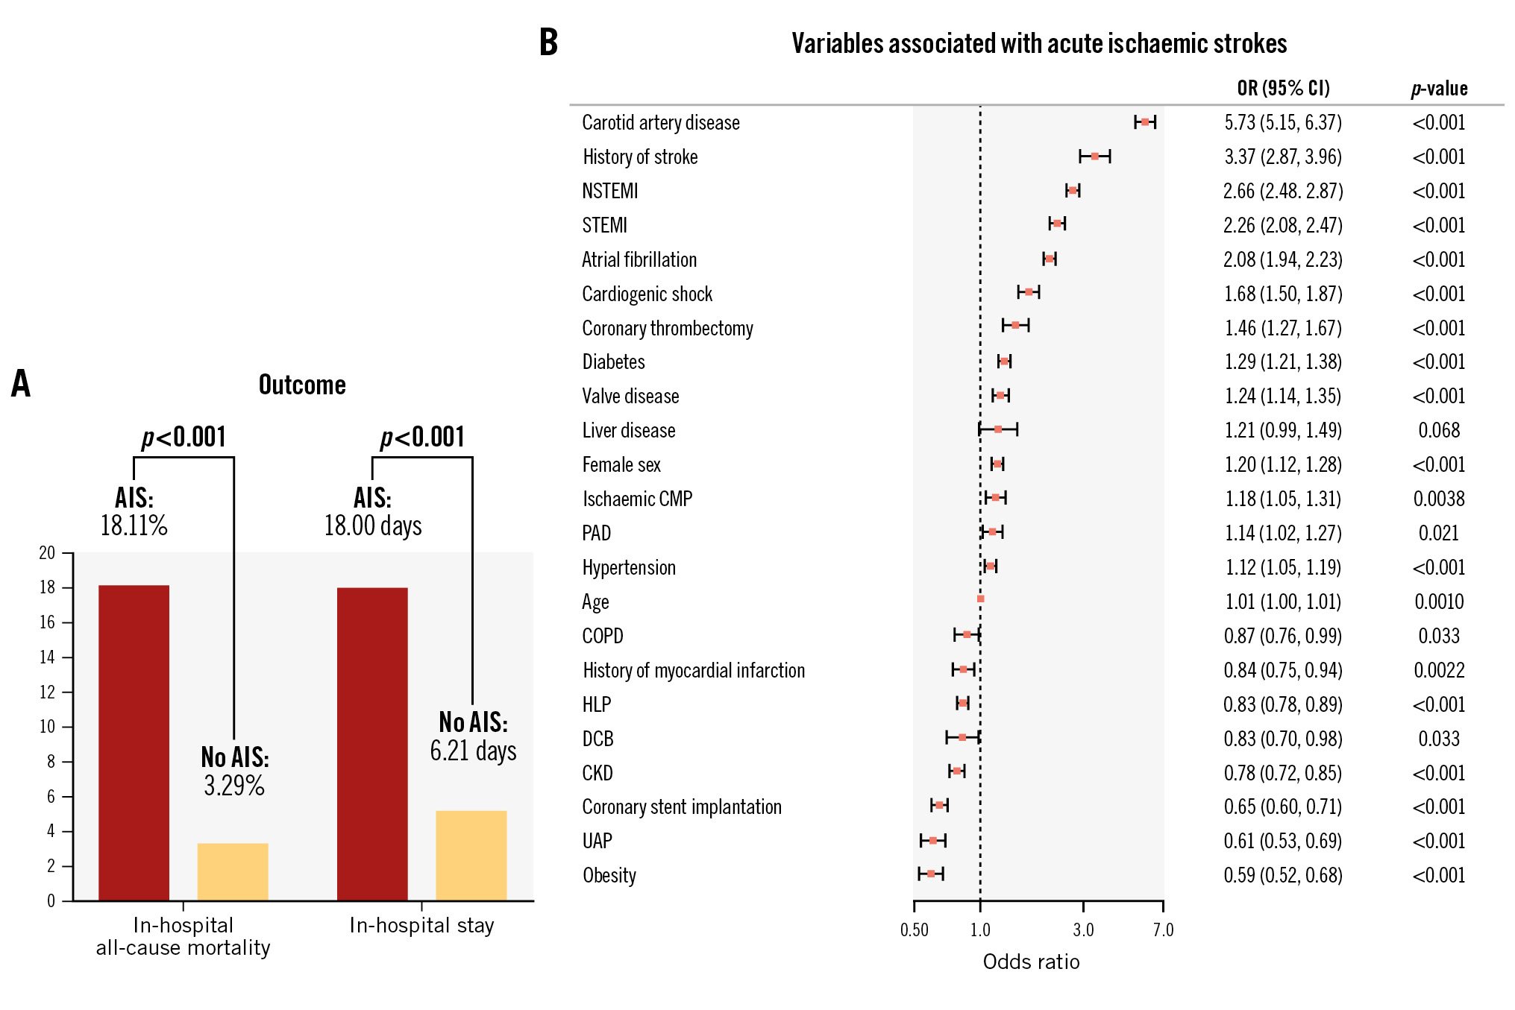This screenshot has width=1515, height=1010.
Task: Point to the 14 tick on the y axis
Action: coord(48,657)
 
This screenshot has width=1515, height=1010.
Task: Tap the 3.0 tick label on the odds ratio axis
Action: coord(1083,930)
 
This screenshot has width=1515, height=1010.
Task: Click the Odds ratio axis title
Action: coord(1031,962)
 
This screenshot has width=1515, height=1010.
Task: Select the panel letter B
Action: coord(548,42)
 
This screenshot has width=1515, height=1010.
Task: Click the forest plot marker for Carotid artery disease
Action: coord(1145,122)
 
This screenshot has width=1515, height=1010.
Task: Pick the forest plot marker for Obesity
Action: coord(931,874)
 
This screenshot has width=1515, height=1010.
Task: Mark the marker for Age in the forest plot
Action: coord(980,599)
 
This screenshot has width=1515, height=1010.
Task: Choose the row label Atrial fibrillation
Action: coord(639,259)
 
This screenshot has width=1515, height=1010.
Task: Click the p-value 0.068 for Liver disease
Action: coord(1439,430)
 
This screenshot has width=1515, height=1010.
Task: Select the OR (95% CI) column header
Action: coord(1283,89)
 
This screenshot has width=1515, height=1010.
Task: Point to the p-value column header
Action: coord(1439,89)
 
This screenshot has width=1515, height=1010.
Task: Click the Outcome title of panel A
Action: coord(302,385)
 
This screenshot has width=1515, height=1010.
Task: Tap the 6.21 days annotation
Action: coord(473,751)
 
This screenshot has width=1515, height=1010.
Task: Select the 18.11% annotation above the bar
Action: coord(134,525)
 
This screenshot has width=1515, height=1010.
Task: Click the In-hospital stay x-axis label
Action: coord(421,926)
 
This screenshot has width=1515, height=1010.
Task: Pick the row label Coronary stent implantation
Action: coord(682,807)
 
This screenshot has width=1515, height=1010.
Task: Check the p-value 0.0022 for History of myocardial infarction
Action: coord(1439,670)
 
